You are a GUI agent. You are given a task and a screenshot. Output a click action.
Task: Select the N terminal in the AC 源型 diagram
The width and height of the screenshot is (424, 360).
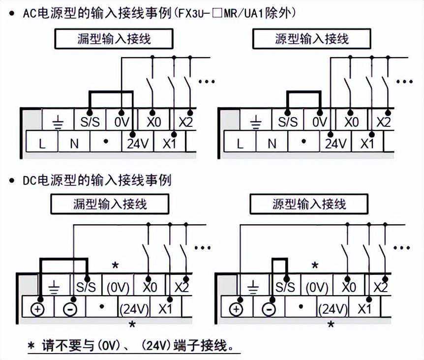272,144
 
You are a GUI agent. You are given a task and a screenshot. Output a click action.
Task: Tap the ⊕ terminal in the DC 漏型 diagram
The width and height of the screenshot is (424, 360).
38,308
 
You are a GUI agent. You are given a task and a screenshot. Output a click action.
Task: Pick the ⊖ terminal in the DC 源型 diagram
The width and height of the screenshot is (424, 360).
268,309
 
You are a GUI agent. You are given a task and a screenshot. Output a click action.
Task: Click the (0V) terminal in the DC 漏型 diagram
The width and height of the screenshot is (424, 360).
118,287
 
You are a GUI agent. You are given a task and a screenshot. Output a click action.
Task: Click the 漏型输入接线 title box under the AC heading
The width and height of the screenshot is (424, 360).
113,39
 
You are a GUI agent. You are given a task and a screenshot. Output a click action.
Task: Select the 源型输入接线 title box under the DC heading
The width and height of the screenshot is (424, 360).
309,204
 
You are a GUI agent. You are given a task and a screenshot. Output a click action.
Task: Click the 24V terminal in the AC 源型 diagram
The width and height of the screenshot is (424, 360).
336,144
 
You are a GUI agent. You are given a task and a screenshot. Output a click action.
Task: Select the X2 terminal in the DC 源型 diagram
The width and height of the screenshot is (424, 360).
380,287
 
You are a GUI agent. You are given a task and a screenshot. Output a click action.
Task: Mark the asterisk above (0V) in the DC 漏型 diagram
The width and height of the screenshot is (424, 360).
116,266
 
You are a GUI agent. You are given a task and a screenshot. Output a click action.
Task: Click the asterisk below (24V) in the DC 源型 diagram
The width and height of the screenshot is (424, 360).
331,325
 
